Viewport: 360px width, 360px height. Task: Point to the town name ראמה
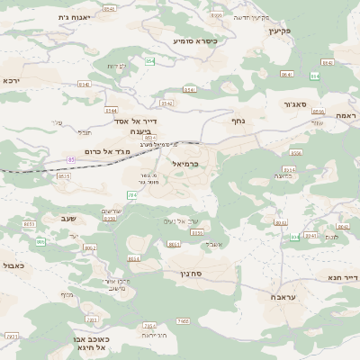(x=346, y=118)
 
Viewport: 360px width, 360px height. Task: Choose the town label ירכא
(x=11, y=80)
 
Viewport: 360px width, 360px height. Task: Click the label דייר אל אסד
(x=136, y=120)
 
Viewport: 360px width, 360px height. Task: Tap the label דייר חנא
(x=343, y=278)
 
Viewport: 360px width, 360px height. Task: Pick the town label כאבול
(x=13, y=265)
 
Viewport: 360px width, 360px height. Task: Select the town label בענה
(x=129, y=131)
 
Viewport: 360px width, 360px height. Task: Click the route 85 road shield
(x=70, y=159)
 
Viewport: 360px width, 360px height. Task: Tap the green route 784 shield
(x=131, y=194)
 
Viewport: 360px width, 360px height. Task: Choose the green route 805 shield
(x=40, y=241)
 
